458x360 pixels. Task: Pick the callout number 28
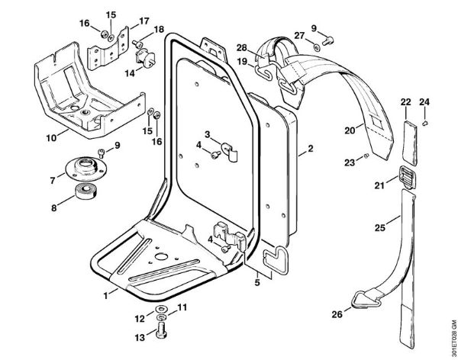(x=241, y=47)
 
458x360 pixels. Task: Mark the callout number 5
(x=256, y=281)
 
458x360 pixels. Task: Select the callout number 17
(x=143, y=21)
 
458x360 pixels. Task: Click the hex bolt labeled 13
(x=162, y=331)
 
